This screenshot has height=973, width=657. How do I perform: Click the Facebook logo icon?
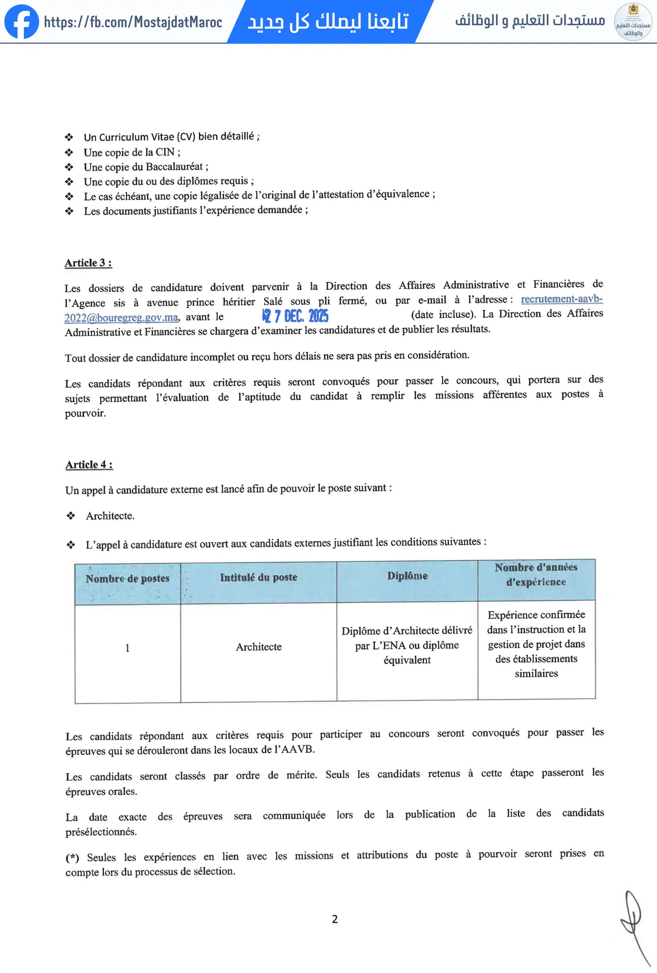(22, 22)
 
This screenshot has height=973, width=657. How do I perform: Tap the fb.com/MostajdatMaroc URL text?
(133, 22)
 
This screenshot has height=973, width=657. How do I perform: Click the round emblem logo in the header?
(633, 22)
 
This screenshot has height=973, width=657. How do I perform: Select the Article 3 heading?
(88, 263)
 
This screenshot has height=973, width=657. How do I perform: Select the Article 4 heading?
(89, 465)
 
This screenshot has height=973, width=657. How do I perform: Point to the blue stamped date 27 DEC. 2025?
(296, 316)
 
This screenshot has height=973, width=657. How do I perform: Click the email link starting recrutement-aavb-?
(561, 299)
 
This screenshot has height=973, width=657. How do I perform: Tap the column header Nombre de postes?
(128, 579)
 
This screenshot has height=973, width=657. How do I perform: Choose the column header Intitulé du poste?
(259, 578)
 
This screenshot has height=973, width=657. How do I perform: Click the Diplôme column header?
(407, 576)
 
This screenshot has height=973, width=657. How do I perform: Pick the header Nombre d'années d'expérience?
(536, 574)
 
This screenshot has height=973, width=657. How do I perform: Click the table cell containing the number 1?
(128, 648)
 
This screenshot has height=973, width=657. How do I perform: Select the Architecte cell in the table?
(259, 647)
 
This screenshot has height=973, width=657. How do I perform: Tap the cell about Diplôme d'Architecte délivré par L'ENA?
(407, 645)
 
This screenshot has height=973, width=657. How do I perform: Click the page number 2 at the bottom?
(335, 919)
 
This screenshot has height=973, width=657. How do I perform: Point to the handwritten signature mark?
(634, 921)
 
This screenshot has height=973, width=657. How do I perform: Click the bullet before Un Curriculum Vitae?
(69, 138)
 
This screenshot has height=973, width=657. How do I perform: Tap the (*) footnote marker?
(72, 858)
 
